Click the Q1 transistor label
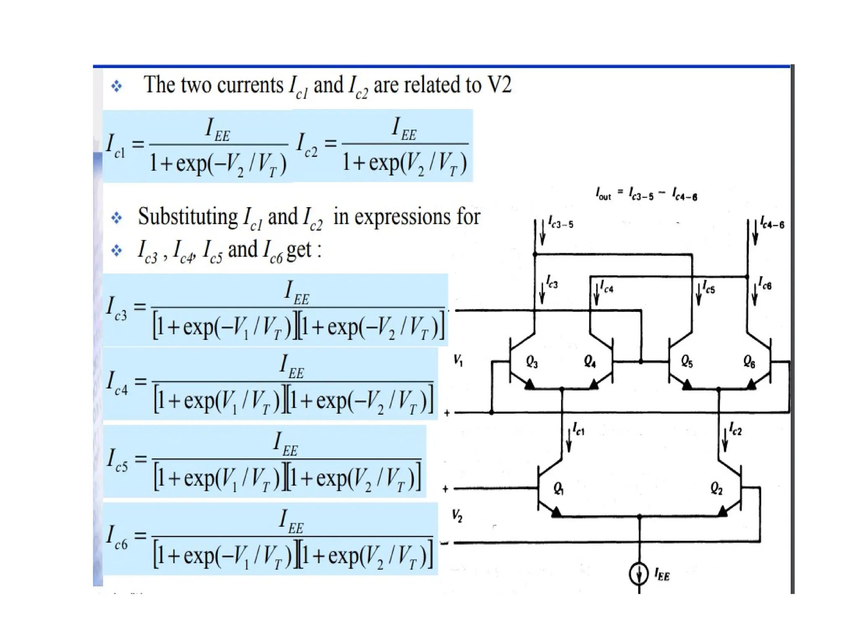click(558, 488)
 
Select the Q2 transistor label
click(716, 488)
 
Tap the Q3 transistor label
click(532, 361)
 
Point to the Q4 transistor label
click(590, 361)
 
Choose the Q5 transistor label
click(687, 361)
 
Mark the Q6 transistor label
click(749, 361)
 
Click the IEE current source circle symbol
click(639, 574)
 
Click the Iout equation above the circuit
click(646, 194)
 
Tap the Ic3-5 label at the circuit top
click(561, 223)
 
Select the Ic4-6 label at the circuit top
click(772, 223)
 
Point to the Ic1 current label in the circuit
click(578, 429)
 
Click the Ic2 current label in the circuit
click(735, 429)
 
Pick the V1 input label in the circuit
click(458, 360)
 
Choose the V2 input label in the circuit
click(457, 515)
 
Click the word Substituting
click(187, 217)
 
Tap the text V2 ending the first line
click(499, 85)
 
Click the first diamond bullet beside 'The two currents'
click(117, 86)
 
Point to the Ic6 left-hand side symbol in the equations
click(116, 537)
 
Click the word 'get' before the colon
click(299, 250)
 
